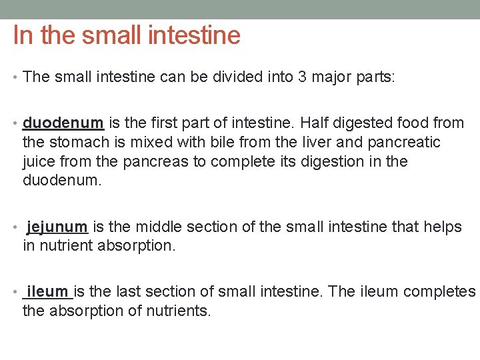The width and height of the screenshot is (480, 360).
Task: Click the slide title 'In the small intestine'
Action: pos(127,35)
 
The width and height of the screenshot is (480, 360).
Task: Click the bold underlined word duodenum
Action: pos(63,123)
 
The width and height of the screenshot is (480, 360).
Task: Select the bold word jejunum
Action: pos(57,227)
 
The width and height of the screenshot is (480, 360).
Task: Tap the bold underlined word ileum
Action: pos(48,292)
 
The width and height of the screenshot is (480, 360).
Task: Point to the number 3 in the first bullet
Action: pos(303,77)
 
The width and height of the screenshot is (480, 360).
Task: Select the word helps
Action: pos(442,227)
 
